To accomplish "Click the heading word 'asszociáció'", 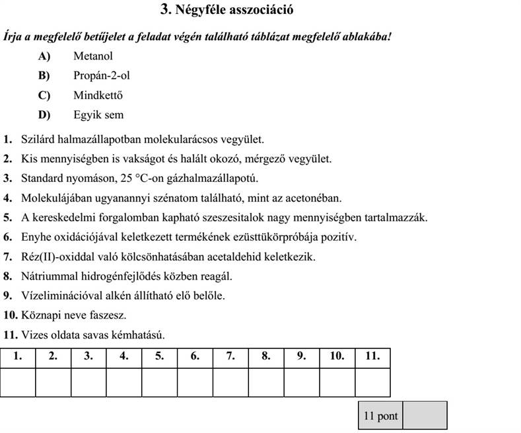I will (260, 10).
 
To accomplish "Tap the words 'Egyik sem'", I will (98, 115).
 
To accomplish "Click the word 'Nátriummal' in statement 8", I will (47, 276).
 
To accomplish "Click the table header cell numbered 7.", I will (230, 356).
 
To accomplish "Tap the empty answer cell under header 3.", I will (88, 381).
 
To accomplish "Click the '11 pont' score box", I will (381, 416).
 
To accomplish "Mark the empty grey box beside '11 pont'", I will (425, 416).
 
